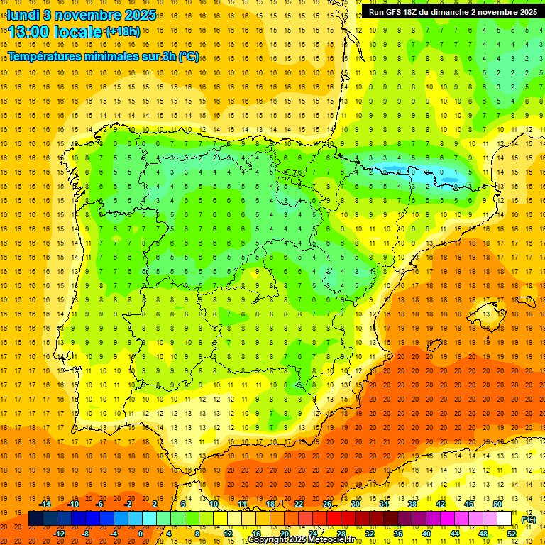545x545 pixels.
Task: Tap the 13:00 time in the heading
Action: [30, 32]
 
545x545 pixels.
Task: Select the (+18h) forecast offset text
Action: [123, 31]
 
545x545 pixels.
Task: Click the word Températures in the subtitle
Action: [48, 56]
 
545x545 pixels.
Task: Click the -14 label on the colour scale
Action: [44, 504]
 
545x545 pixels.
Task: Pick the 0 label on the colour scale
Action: [140, 534]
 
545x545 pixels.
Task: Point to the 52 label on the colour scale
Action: [511, 534]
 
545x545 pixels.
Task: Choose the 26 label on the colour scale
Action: [326, 504]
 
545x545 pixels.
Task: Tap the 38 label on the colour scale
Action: [412, 504]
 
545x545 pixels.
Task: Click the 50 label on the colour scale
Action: [497, 504]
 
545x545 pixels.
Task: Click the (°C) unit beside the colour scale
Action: [528, 519]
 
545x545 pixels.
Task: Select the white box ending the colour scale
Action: [504, 519]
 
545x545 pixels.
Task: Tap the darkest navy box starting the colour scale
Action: [35, 519]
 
